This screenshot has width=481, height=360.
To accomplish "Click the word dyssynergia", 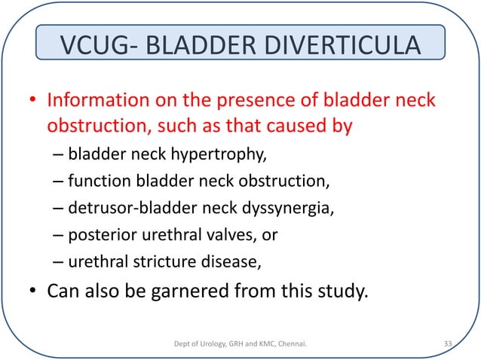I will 289,209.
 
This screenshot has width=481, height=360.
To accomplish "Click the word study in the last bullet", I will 342,291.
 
